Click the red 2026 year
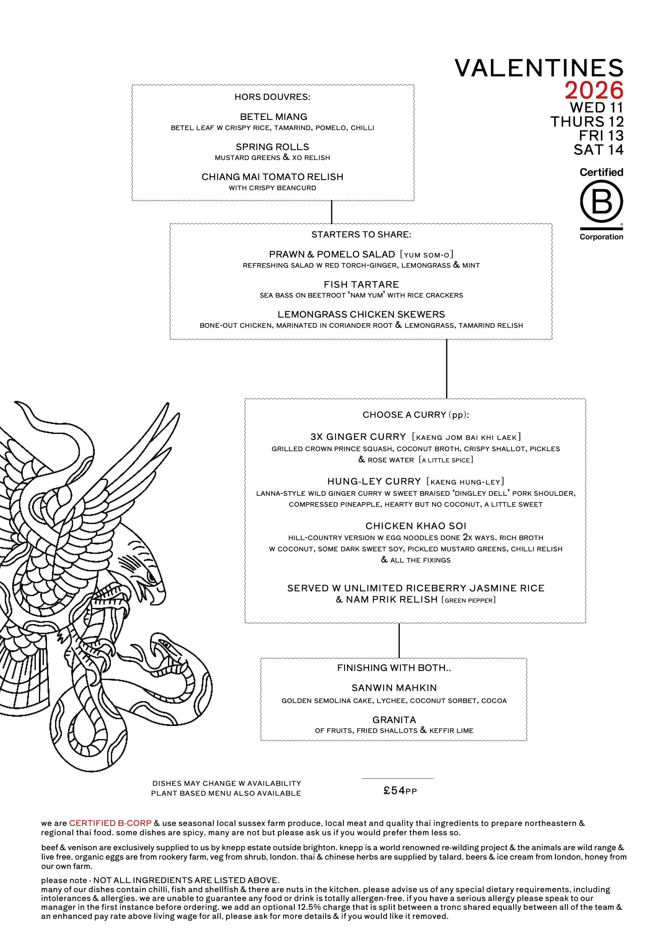[594, 91]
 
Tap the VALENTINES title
[539, 68]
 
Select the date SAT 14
[598, 150]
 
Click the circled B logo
[601, 201]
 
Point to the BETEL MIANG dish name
[273, 117]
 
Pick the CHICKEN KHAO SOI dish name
[415, 526]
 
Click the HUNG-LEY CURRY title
[374, 482]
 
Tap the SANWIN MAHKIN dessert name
[394, 688]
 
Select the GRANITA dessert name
[394, 720]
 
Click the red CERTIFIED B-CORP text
[110, 823]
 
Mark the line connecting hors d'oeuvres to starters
[332, 212]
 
